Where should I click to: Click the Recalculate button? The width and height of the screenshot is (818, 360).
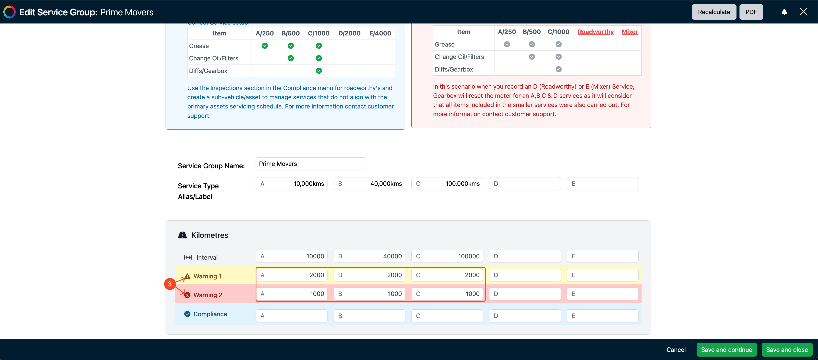point(714,12)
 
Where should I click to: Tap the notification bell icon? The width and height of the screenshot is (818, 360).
point(784,12)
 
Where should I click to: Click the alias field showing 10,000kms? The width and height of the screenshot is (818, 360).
point(291,184)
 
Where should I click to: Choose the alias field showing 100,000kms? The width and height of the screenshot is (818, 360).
point(447,184)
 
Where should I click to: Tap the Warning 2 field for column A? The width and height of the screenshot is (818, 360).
point(291,294)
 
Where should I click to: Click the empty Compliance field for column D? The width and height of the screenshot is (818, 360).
point(525,316)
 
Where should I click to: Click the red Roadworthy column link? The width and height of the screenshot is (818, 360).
point(596,32)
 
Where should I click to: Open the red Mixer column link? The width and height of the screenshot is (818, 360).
point(630,32)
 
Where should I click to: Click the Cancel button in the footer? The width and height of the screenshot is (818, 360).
point(676,350)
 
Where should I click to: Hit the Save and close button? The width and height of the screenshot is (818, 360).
point(787,350)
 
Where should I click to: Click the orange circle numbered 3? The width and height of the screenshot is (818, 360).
point(170,284)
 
